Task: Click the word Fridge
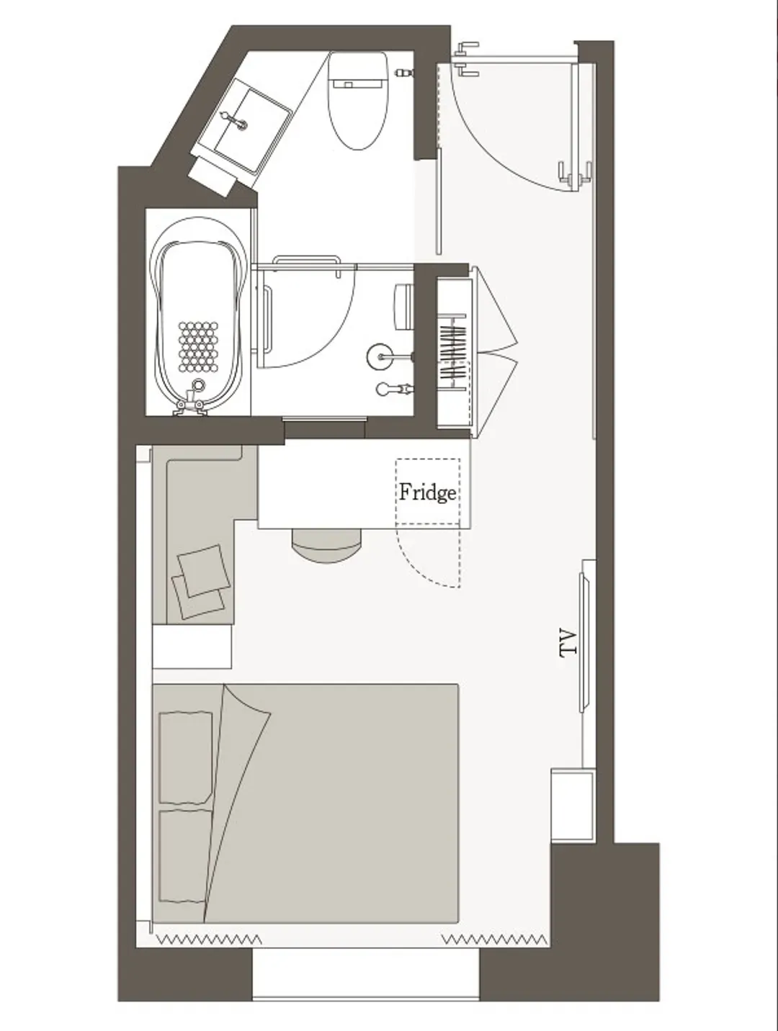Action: [427, 492]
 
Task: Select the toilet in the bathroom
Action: [359, 100]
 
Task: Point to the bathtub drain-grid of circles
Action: [198, 346]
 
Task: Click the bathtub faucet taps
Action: [190, 402]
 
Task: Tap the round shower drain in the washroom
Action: [379, 356]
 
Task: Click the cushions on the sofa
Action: [200, 582]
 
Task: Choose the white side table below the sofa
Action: [192, 646]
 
